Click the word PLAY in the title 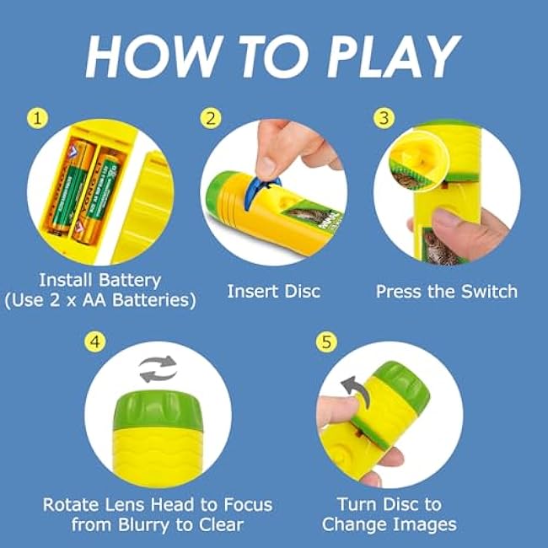pyautogui.click(x=394, y=56)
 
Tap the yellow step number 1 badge pyautogui.click(x=37, y=118)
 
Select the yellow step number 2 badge pyautogui.click(x=211, y=118)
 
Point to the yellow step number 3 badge pyautogui.click(x=384, y=118)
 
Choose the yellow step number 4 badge pyautogui.click(x=95, y=341)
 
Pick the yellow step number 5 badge pyautogui.click(x=326, y=341)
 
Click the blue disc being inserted pyautogui.click(x=261, y=192)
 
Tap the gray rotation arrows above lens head pyautogui.click(x=158, y=369)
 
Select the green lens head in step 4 pyautogui.click(x=158, y=410)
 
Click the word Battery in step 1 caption pyautogui.click(x=130, y=280)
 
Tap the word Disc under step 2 pyautogui.click(x=302, y=291)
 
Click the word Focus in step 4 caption pyautogui.click(x=248, y=505)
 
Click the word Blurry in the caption pyautogui.click(x=145, y=525)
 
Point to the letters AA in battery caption pyautogui.click(x=94, y=300)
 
